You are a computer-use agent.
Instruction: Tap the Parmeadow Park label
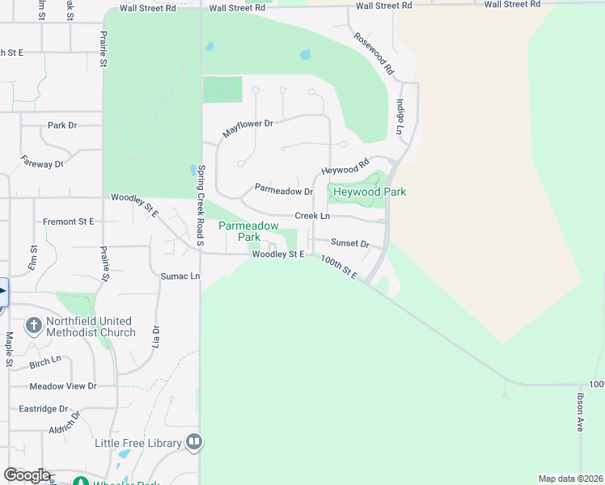pos(249,231)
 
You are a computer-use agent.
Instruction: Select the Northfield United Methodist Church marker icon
pos(33,326)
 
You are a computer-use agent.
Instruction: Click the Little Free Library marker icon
pos(194,442)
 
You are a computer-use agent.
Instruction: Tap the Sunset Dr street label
pos(350,243)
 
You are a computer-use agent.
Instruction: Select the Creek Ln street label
pos(312,216)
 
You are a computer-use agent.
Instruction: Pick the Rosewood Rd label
pos(373,54)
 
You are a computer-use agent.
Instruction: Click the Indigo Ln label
pos(400,116)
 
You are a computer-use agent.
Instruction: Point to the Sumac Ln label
pos(180,276)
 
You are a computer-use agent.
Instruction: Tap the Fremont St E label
pos(69,221)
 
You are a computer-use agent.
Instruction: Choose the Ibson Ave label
pos(580,412)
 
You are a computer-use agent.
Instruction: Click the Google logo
pos(26,475)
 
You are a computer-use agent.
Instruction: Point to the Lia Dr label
pos(156,336)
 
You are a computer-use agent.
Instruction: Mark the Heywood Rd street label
pos(345,167)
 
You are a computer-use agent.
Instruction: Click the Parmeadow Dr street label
pos(283,191)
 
